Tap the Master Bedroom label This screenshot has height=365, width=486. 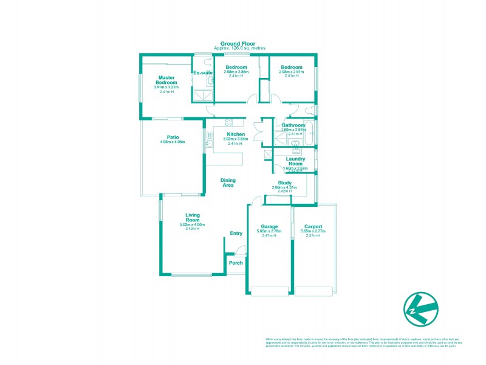coord(167,80)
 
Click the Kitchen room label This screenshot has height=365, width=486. coord(236,134)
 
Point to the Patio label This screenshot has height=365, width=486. coord(173,137)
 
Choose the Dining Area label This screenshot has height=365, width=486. coord(228,182)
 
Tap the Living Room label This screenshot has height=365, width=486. coord(193,217)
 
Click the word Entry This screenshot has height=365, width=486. coord(236,234)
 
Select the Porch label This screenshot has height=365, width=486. coord(236,263)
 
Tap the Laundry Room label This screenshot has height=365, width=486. coord(295,161)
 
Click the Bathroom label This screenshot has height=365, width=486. coord(293,125)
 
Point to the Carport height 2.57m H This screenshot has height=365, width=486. coord(313,235)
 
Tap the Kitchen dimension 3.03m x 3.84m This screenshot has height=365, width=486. coord(236,139)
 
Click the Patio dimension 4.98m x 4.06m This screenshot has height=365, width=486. coord(173,142)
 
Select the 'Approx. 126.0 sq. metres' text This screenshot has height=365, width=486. coord(243,48)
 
